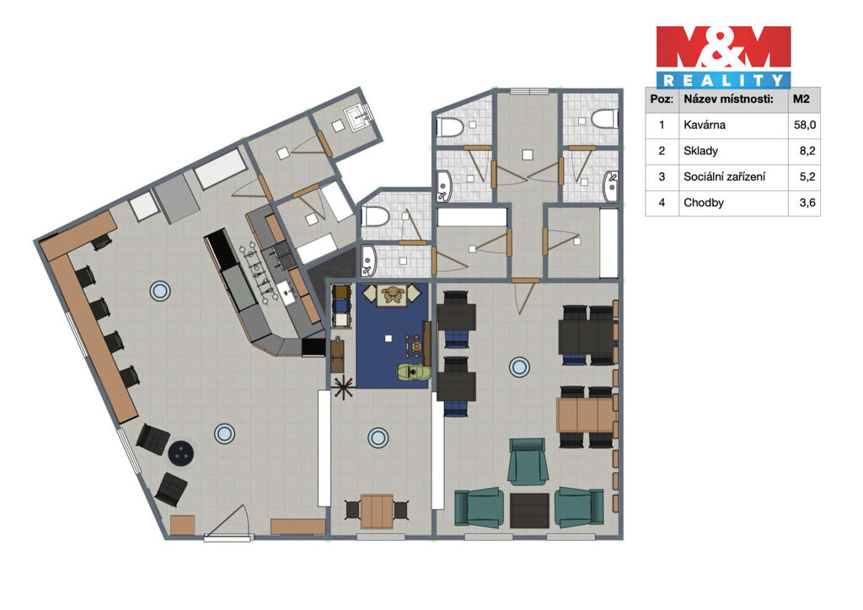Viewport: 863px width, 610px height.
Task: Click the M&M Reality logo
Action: (723, 56)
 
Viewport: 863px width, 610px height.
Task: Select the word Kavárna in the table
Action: (704, 125)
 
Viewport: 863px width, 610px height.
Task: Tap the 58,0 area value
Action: (804, 125)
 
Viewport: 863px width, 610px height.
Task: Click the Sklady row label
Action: (700, 151)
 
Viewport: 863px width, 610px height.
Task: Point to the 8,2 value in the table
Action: (807, 151)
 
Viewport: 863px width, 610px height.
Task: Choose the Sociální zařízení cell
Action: (724, 177)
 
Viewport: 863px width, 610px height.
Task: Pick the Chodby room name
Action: (704, 202)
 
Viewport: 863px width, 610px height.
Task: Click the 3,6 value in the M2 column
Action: (807, 202)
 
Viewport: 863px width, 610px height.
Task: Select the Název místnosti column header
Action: (728, 99)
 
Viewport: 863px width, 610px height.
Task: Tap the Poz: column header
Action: (661, 99)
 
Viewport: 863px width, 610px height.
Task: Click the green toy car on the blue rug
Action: (412, 372)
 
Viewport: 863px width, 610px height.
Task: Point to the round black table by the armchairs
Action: (180, 453)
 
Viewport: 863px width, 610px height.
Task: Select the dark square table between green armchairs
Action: (529, 511)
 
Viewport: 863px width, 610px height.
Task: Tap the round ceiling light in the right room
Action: (519, 367)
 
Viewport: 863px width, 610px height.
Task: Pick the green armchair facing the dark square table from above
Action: (528, 462)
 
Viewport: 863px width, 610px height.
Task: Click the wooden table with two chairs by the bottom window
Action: (377, 511)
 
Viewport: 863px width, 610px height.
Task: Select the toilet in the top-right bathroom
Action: (604, 119)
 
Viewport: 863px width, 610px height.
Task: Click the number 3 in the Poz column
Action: (662, 177)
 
